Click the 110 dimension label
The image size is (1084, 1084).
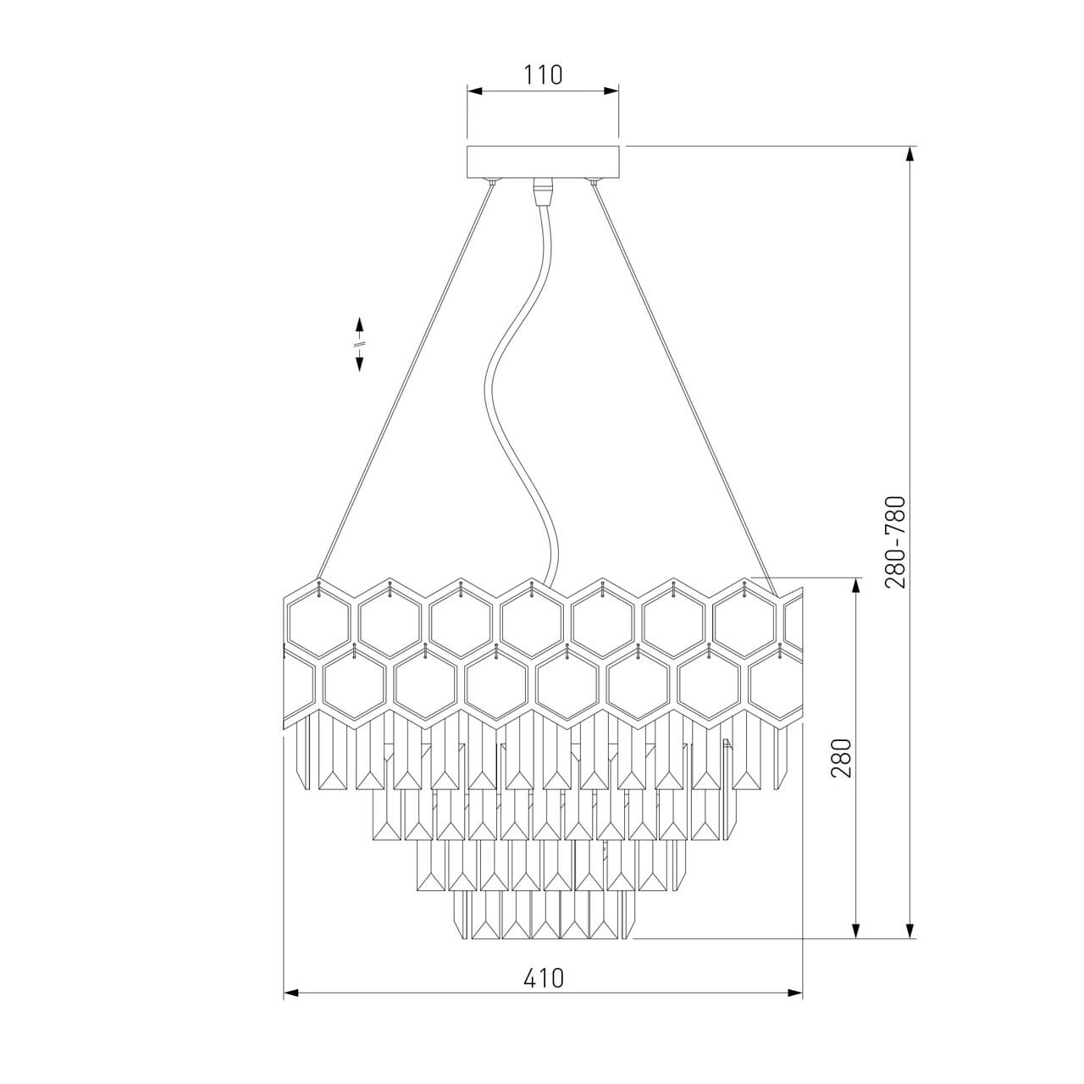[x=543, y=75]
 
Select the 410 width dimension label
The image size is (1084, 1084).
[x=543, y=978]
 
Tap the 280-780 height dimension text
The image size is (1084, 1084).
[x=895, y=542]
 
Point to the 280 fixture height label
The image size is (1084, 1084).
[x=842, y=758]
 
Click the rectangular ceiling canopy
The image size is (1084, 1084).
[x=544, y=162]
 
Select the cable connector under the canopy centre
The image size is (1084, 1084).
[x=544, y=192]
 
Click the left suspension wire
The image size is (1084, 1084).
[x=406, y=381]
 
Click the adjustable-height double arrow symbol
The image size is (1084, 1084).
[x=359, y=345]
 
